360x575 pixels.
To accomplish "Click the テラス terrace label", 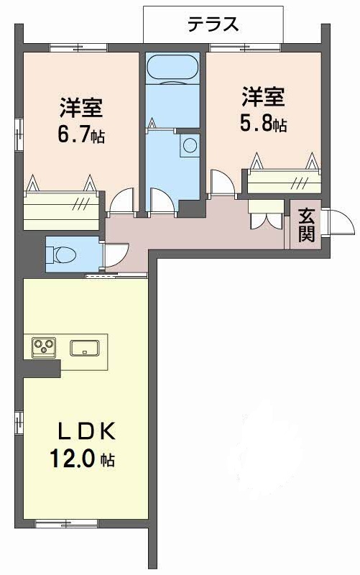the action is pyautogui.click(x=213, y=24).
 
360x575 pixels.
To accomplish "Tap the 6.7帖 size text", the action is pyautogui.click(x=80, y=135).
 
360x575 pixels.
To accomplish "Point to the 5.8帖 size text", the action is pyautogui.click(x=263, y=124).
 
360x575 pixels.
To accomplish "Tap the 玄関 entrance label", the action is pyautogui.click(x=306, y=225).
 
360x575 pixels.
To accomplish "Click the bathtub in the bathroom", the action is pyautogui.click(x=172, y=67).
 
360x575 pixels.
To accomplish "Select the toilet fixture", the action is pyautogui.click(x=64, y=254).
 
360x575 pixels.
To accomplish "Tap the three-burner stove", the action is pyautogui.click(x=44, y=346).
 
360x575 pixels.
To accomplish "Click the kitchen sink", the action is pyautogui.click(x=85, y=348).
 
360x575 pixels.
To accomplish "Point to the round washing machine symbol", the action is pyautogui.click(x=190, y=145).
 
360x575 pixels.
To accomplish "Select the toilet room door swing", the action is pyautogui.click(x=116, y=255).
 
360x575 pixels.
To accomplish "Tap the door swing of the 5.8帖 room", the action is pyautogui.click(x=223, y=182).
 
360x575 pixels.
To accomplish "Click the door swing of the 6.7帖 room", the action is pyautogui.click(x=122, y=200).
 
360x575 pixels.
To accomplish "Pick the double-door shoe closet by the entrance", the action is pyautogui.click(x=266, y=214).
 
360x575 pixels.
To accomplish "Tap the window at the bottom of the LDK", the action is pyautogui.click(x=67, y=523).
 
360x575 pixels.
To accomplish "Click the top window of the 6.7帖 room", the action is pyautogui.click(x=78, y=47).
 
